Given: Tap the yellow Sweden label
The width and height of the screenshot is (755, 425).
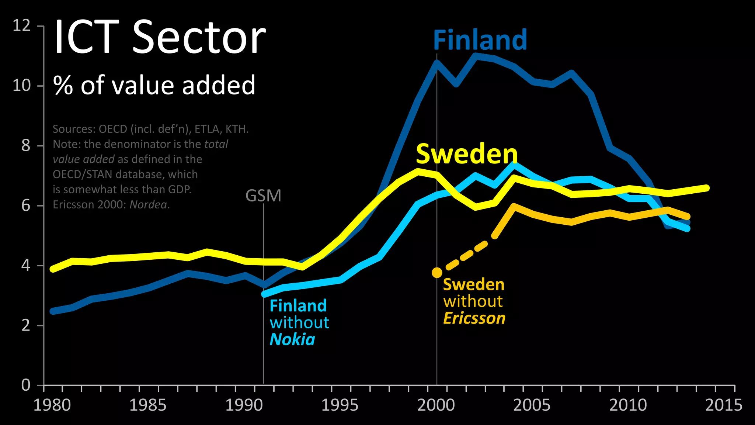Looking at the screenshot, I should (467, 154).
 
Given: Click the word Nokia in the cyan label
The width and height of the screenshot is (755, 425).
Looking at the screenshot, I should (292, 339).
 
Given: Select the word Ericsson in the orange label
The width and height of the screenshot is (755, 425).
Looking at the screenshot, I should (474, 318).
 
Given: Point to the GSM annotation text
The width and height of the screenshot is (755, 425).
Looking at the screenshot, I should (263, 196).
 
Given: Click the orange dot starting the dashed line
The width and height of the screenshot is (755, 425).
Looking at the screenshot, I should (437, 273).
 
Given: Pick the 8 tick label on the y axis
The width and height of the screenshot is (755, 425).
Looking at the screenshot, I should (25, 146).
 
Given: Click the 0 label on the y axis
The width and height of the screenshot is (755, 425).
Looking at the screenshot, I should (25, 385).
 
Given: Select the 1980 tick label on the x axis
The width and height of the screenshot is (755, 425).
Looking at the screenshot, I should (52, 405).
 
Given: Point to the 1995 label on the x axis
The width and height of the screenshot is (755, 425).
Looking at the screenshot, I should (340, 405).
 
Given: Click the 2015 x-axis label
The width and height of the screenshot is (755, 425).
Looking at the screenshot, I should (724, 405).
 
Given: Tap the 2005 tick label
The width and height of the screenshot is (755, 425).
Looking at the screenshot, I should (532, 405).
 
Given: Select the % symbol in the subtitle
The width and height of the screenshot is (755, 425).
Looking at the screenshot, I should (63, 86).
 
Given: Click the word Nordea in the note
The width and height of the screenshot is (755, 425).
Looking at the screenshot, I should (148, 204).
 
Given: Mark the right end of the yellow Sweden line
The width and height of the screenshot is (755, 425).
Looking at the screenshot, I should (706, 188).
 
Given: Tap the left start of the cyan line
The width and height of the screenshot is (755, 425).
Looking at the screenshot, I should (265, 294).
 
